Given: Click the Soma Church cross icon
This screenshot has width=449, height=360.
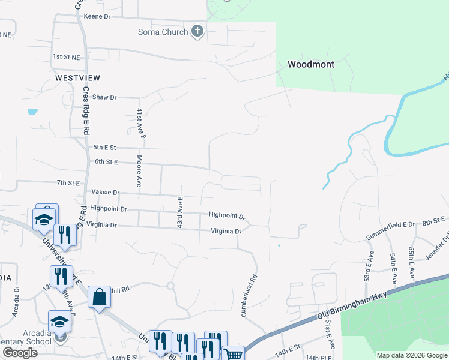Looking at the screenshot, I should coord(197,32).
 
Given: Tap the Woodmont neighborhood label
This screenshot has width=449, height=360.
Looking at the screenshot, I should coord(311,64).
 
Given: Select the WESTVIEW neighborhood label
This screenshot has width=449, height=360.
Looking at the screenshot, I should coord(77,78).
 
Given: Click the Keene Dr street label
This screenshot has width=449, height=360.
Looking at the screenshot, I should coord(98,17).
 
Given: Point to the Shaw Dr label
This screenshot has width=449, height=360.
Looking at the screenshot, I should coord(104,97).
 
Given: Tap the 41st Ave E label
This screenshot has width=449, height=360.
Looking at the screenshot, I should coord(140,124).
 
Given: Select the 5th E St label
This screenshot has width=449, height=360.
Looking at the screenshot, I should coord(104,147).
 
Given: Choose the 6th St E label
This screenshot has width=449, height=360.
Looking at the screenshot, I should coord(107,162).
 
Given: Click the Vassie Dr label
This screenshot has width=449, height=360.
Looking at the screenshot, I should coord(106,193).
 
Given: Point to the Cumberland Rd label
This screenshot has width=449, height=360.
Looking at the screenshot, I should coord(249,296).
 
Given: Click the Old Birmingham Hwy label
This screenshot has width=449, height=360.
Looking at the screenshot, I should coord(351,305).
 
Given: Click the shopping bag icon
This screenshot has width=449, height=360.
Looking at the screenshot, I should coord(98,297).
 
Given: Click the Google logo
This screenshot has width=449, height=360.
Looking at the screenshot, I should coord(20,353).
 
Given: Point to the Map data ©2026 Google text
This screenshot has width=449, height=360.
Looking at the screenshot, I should coord(411,355).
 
